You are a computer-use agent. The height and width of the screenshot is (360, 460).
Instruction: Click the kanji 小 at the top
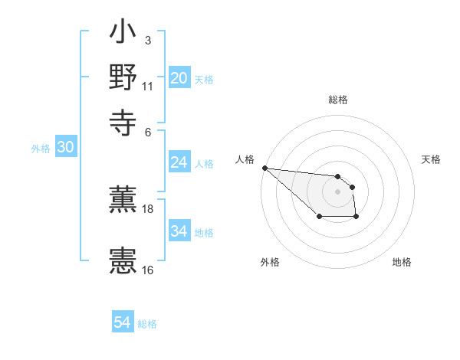click(x=123, y=34)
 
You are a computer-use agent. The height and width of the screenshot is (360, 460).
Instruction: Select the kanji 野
click(x=123, y=77)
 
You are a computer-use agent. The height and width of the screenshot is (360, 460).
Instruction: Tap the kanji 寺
click(x=123, y=120)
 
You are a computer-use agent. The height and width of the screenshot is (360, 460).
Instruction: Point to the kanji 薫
click(x=123, y=201)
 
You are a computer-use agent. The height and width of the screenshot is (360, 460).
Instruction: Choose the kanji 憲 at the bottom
click(x=123, y=261)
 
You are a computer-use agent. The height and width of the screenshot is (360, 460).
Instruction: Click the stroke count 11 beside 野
click(x=148, y=85)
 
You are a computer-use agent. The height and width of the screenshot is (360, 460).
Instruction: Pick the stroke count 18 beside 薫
click(x=148, y=208)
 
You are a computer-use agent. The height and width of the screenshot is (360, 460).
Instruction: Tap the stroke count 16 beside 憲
click(x=148, y=269)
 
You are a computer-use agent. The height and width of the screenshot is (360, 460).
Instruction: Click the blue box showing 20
click(x=179, y=78)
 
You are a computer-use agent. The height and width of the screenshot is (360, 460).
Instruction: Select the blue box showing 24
click(x=179, y=162)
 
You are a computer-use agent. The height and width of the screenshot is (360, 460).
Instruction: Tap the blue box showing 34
click(x=179, y=231)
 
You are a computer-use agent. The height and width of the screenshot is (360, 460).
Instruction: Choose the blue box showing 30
click(x=64, y=148)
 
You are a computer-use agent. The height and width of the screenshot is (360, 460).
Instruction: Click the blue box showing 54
click(x=122, y=322)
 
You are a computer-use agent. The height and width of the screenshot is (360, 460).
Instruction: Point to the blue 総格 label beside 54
click(x=147, y=324)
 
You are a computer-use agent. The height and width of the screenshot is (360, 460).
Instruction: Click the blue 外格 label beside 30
click(x=40, y=149)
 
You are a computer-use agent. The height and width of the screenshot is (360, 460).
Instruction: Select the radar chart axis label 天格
click(x=431, y=159)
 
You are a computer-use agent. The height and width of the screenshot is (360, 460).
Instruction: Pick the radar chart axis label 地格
click(x=402, y=263)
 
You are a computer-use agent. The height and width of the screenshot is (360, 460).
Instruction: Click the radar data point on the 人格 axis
click(x=264, y=168)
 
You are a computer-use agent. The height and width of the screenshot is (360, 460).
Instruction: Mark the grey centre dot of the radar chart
click(x=337, y=191)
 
